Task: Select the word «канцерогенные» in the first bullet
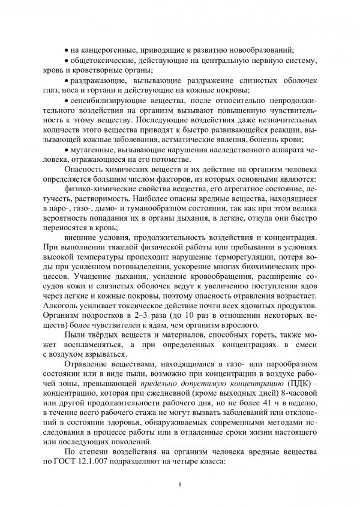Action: pyautogui.click(x=105, y=50)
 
